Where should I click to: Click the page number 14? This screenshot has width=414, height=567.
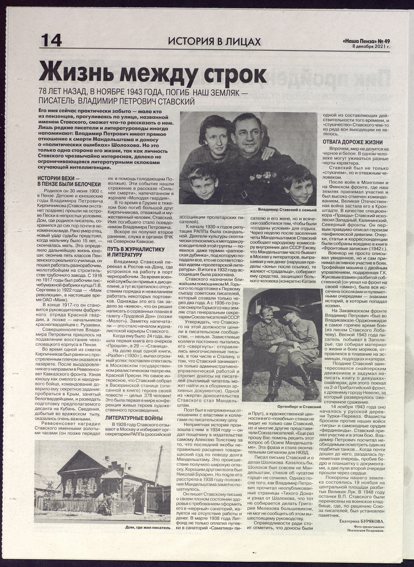51,41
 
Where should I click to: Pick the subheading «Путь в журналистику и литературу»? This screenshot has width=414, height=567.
136,252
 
